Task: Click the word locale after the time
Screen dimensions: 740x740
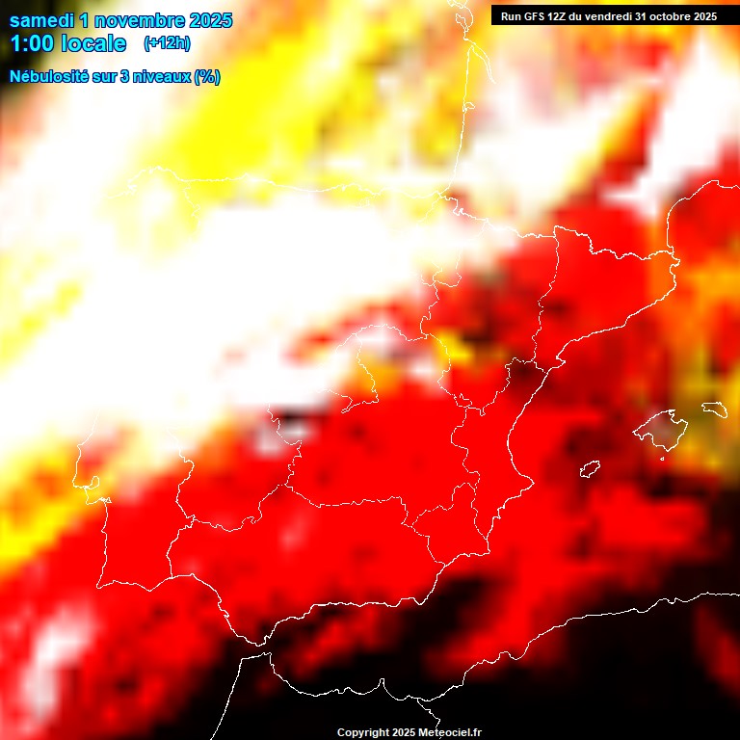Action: pyautogui.click(x=95, y=43)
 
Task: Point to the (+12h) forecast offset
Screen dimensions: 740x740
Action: pyautogui.click(x=166, y=43)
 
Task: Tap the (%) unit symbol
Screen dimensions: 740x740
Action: pyautogui.click(x=206, y=77)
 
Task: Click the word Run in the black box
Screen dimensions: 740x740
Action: pyautogui.click(x=511, y=16)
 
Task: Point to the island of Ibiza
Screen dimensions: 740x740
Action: pyautogui.click(x=590, y=469)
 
